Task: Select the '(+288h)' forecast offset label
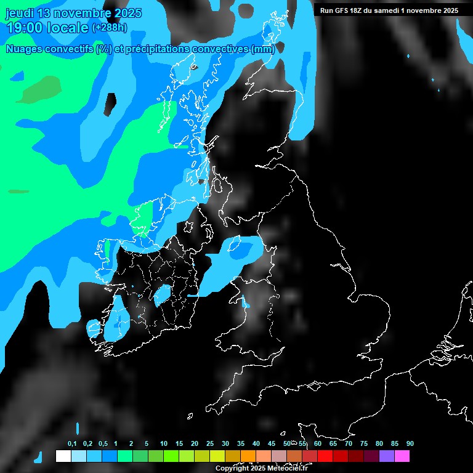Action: pos(109,28)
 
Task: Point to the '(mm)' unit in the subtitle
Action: pos(263,49)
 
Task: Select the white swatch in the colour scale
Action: pos(63,456)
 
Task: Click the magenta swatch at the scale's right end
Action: pos(402,456)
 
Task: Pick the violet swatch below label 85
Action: pos(387,456)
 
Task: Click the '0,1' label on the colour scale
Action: pos(72,444)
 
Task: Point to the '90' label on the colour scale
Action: pos(410,444)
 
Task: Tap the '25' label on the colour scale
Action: pos(210,444)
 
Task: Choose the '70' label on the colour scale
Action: pos(349,444)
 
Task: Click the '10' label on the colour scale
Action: pos(164,444)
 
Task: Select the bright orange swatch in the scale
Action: pos(248,456)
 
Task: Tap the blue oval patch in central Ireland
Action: pos(163,295)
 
